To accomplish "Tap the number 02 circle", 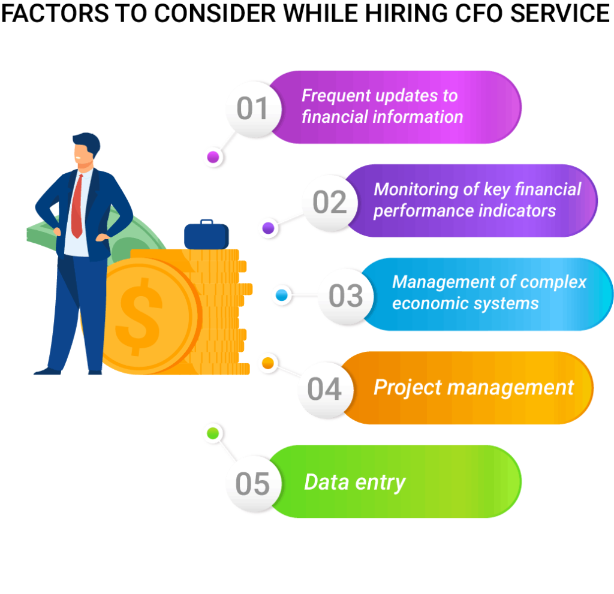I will (329, 203).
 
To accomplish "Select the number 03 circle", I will (345, 296).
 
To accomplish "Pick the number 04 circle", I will (325, 389).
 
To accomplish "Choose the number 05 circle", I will (252, 483).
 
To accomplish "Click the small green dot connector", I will (213, 433).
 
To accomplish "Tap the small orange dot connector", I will (268, 363).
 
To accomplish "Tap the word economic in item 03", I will (423, 303).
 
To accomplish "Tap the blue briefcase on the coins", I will (206, 235).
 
